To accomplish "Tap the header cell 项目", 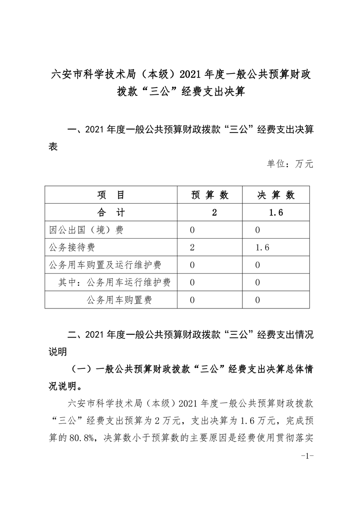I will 111,195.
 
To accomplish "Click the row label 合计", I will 111,213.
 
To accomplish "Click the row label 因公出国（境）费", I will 86,230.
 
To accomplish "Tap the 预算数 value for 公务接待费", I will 192,247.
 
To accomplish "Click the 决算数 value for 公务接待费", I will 263,247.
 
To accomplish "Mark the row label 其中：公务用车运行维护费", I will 114,282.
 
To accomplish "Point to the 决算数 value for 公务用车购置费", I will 258,300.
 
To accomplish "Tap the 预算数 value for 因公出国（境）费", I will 192,230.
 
